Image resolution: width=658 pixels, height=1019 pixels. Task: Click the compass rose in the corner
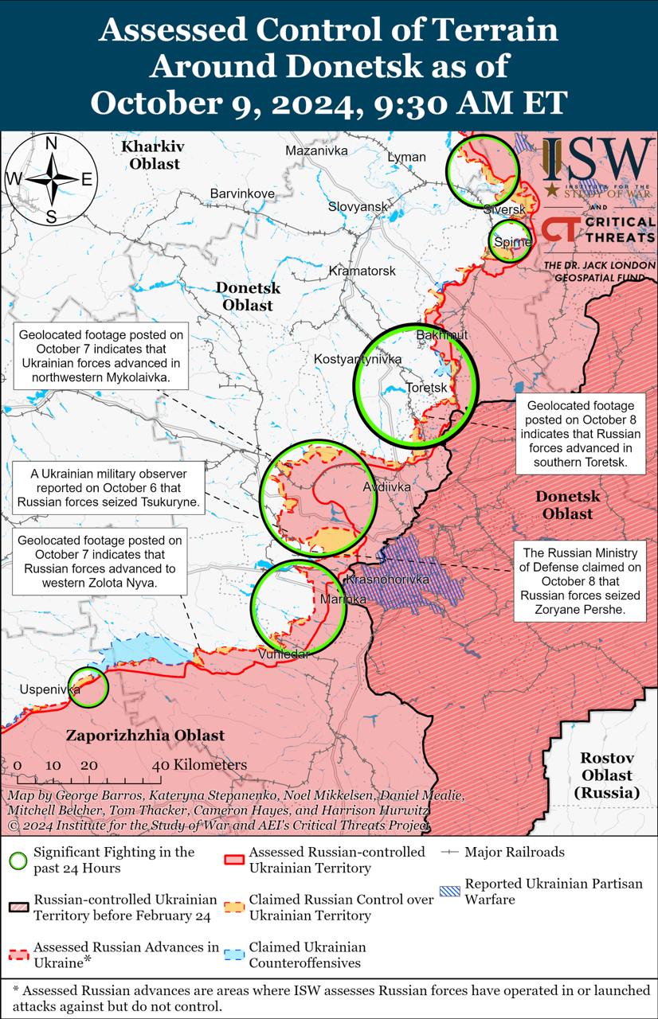point(50,180)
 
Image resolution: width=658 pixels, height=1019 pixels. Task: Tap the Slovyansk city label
point(358,207)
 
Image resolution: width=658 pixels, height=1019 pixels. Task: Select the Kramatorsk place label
point(362,271)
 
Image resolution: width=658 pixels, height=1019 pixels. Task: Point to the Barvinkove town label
point(242,193)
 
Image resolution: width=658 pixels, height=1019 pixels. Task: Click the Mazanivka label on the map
point(316,150)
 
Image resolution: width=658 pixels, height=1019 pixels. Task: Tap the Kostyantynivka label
point(358,360)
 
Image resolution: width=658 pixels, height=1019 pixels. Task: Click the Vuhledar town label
point(284,654)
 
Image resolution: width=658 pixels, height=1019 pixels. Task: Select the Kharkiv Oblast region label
point(151,155)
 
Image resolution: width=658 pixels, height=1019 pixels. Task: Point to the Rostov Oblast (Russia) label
point(606,775)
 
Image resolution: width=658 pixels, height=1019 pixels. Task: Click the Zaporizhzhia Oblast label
point(145,736)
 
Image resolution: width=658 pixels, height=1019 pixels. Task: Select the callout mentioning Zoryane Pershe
point(581,582)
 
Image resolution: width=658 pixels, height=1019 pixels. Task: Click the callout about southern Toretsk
point(581,433)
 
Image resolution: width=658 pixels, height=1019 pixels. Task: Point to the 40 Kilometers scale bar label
point(199,765)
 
